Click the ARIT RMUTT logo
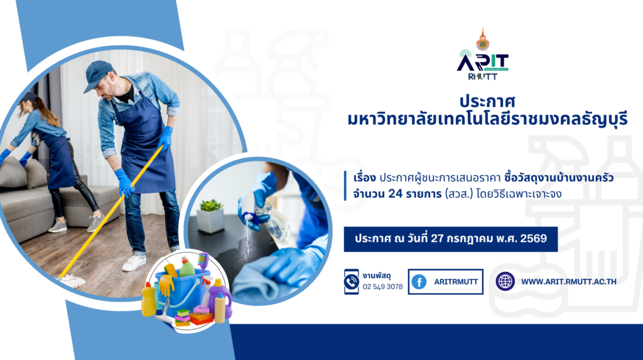483,54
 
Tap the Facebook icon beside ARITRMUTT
419,282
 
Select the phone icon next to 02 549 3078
352,281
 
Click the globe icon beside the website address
505,281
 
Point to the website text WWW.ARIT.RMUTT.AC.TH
569,281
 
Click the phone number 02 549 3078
382,286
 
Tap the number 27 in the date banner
438,239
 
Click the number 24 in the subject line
396,194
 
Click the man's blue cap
97,75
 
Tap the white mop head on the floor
72,281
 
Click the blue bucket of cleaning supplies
188,292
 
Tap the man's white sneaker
134,262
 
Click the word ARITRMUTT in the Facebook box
456,282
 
